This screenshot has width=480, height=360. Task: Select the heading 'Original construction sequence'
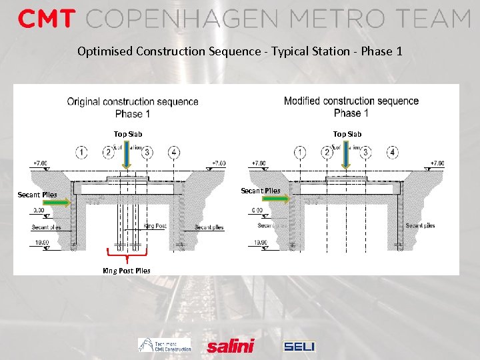point(133,101)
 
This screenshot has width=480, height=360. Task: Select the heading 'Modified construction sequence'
point(351,101)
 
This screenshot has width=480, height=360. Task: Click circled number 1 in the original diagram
point(81,153)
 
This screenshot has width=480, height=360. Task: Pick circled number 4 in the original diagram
point(174,153)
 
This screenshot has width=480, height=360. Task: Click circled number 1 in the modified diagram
point(301,153)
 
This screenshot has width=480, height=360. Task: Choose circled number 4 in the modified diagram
point(393,153)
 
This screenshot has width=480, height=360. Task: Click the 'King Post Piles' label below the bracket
point(126,271)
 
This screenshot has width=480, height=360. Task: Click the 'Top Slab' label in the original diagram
point(128,134)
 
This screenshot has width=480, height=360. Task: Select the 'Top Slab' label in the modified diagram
point(347,134)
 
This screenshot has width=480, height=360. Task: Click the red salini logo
point(231,345)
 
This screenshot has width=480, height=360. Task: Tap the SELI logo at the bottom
point(299,346)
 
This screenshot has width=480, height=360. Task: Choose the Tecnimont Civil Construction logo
point(165,345)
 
